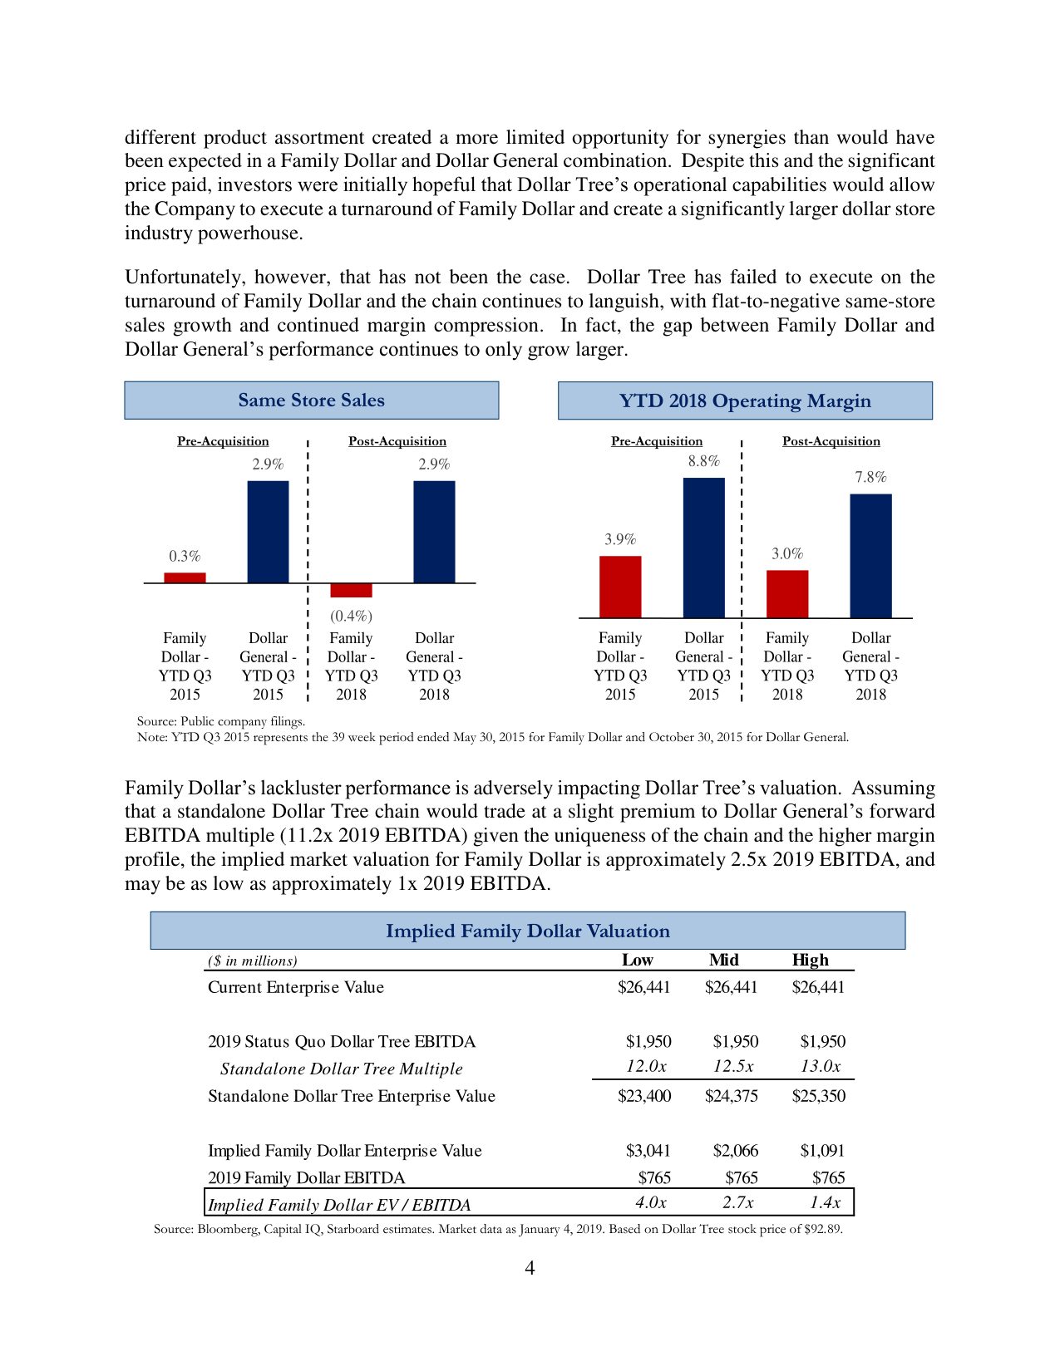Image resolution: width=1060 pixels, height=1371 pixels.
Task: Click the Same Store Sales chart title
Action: coord(311,400)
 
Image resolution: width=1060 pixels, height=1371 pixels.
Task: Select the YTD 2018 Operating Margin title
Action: coord(745,401)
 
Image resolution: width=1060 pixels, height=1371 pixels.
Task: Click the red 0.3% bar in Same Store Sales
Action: coord(185,577)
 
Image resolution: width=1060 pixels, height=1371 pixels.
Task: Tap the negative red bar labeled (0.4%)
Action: coord(351,590)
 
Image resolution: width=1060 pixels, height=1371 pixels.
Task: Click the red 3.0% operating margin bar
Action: coord(786,593)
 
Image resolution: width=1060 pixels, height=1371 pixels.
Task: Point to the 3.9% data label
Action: coord(619,539)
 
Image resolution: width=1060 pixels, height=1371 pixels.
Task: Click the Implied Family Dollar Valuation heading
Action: coord(527,931)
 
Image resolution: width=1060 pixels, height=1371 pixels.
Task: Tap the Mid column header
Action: coord(723,960)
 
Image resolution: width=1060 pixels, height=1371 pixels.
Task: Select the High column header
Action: coord(810,960)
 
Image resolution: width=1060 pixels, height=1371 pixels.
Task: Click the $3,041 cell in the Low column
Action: coord(648,1151)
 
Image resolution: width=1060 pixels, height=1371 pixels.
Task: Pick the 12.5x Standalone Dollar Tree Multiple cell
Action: coord(732,1066)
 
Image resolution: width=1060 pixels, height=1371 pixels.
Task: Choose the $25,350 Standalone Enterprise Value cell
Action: coord(818,1096)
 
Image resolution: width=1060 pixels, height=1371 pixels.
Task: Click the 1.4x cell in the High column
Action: coord(825,1202)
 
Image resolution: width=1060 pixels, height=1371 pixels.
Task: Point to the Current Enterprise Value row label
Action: coord(295,987)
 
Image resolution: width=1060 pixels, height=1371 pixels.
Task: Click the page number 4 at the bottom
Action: coord(530,1268)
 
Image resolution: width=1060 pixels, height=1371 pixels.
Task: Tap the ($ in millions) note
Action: coord(252,961)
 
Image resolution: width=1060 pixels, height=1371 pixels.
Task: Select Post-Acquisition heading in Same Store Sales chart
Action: coord(397,441)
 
